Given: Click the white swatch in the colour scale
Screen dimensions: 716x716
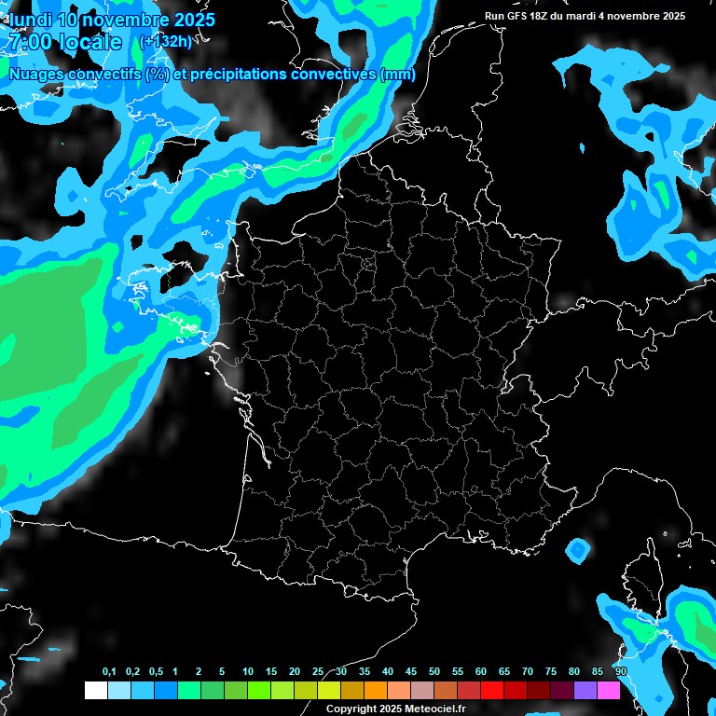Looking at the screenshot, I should [x=96, y=690].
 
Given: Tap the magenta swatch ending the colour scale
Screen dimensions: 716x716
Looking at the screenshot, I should [x=609, y=690].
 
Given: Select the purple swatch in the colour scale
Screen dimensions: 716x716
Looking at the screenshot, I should [x=585, y=690].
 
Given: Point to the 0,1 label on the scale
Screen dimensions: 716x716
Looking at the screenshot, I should [x=109, y=672].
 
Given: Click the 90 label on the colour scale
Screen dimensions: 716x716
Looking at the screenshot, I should [x=620, y=672].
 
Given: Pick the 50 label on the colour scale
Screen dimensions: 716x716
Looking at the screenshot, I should [x=434, y=672].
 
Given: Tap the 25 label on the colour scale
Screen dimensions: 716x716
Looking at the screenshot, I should [x=318, y=672].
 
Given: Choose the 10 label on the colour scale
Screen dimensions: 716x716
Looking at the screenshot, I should [x=248, y=672].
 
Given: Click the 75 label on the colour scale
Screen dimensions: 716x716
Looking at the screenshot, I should [x=550, y=672].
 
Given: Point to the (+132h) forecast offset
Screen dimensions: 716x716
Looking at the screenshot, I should [x=165, y=41].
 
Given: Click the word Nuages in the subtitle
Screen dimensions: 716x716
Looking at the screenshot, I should [x=36, y=75].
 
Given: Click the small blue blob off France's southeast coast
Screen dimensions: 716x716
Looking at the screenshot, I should [x=578, y=551].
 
